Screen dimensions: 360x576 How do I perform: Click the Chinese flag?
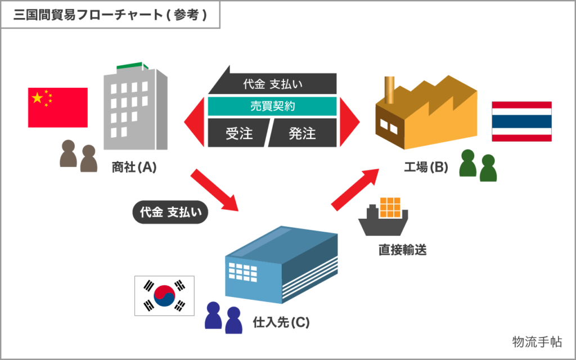(x=58, y=107)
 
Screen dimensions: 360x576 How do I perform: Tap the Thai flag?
(x=521, y=121)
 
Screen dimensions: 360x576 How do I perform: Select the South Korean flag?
(x=164, y=295)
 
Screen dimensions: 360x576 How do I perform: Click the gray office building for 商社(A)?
(x=135, y=110)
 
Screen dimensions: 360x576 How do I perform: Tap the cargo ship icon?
(x=384, y=217)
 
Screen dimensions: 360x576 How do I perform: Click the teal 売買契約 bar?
(x=272, y=106)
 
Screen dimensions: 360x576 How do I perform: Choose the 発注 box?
(x=304, y=133)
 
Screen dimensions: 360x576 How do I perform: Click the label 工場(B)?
(x=426, y=167)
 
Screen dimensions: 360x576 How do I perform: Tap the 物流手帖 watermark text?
(x=536, y=341)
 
